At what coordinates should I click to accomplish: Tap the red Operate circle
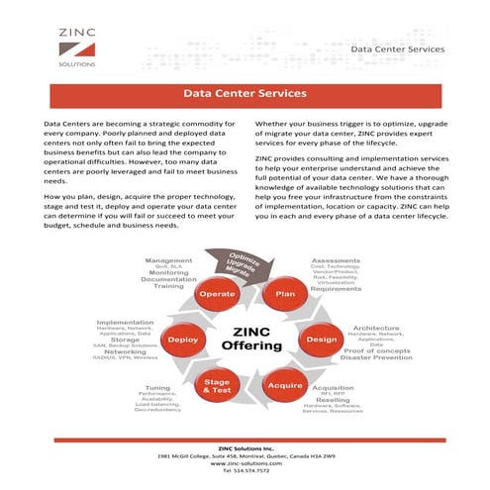coord(217,293)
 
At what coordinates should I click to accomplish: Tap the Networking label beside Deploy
coord(126,350)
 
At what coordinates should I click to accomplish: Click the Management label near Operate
coord(168,260)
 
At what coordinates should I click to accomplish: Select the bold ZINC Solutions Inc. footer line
coord(245,445)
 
